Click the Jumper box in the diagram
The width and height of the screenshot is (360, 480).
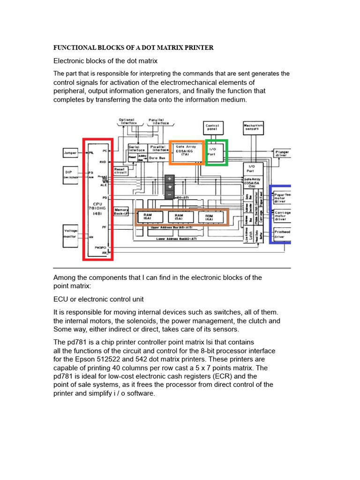point(71,153)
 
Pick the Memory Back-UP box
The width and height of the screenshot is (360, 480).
point(121,211)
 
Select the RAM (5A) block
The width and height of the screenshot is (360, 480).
point(179,217)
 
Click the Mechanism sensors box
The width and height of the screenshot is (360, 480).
point(253,127)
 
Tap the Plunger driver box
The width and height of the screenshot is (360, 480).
point(282,154)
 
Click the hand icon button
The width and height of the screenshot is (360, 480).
point(170,187)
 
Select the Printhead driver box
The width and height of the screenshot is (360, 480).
point(282,234)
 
